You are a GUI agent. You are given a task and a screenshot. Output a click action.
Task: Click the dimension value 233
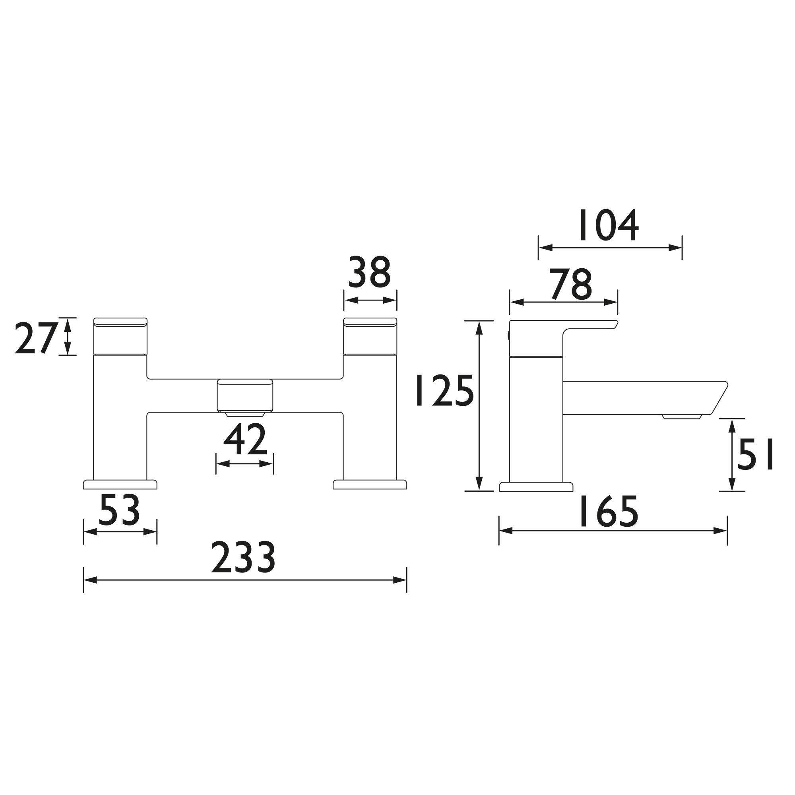click(243, 558)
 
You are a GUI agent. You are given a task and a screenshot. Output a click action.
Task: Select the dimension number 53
click(119, 510)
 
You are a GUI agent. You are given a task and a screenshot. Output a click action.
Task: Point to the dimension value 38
click(369, 272)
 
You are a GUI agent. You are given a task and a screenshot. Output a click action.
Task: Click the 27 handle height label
click(35, 338)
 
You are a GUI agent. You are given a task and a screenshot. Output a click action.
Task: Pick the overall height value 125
click(445, 390)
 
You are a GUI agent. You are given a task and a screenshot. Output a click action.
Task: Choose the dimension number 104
click(609, 225)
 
